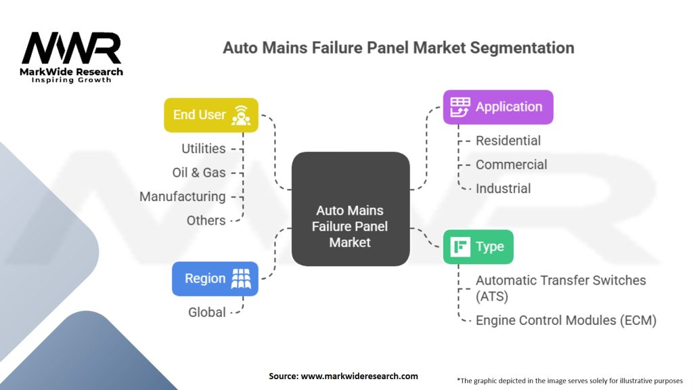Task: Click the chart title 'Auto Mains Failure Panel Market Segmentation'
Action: (x=399, y=48)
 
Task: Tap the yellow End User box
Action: (x=210, y=114)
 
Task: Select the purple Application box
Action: (x=497, y=107)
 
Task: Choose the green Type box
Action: (x=478, y=246)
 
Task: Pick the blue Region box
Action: (x=215, y=278)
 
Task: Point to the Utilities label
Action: (x=203, y=148)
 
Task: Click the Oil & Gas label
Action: (x=199, y=173)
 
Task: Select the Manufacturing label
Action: (x=182, y=196)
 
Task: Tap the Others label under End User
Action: (x=206, y=220)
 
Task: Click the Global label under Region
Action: (x=207, y=312)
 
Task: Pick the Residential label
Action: (x=508, y=141)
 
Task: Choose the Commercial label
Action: (x=511, y=165)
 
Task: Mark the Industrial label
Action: (x=503, y=188)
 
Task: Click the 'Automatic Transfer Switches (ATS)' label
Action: (x=560, y=288)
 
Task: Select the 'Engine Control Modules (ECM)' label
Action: (x=566, y=320)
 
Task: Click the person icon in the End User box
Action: (x=242, y=114)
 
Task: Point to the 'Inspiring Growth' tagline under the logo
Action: (x=72, y=80)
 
